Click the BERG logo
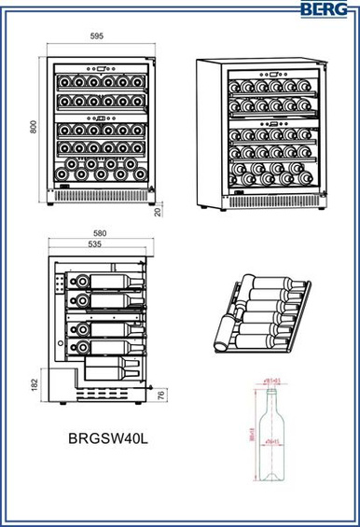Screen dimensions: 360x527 327,9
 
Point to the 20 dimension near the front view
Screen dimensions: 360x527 159,211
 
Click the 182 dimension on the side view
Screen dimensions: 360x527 34,383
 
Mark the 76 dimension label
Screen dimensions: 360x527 160,395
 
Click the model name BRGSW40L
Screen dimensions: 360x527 108,436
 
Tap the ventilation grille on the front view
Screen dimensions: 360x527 97,198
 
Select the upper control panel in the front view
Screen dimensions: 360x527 98,68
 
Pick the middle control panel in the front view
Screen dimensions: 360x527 98,118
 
